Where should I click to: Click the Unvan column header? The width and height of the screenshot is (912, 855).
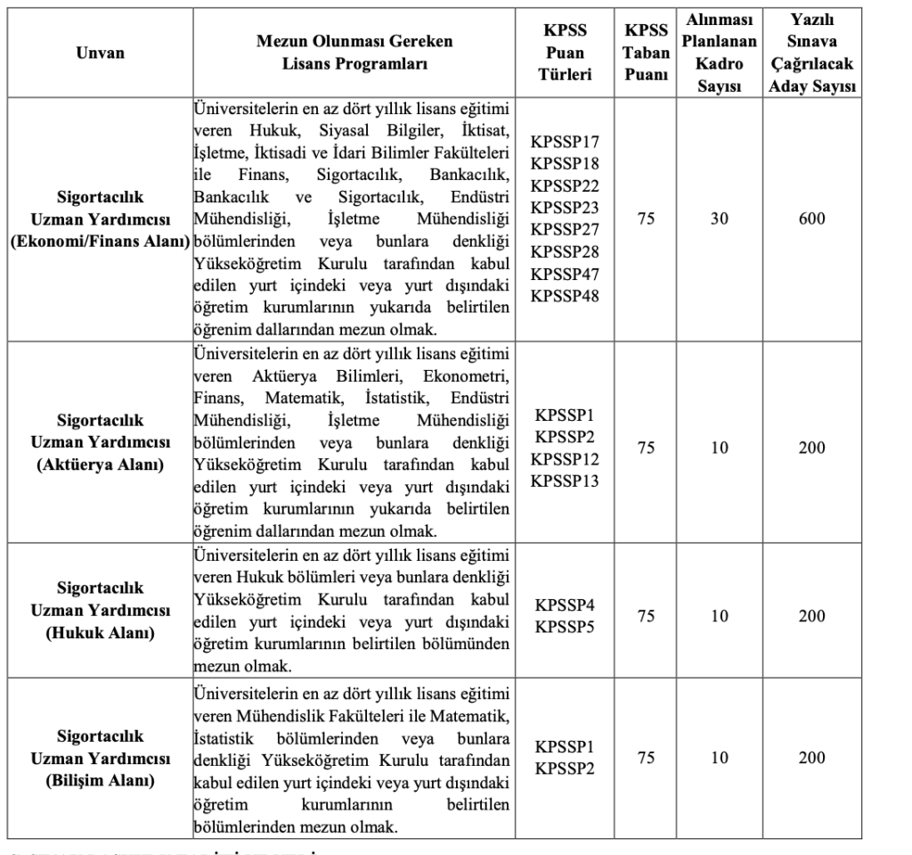[x=100, y=53]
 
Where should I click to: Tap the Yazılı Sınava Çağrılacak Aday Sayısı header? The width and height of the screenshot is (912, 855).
[x=811, y=53]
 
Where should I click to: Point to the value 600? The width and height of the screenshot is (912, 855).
[x=811, y=219]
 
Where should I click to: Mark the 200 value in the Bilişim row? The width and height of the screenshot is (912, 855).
[x=811, y=758]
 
